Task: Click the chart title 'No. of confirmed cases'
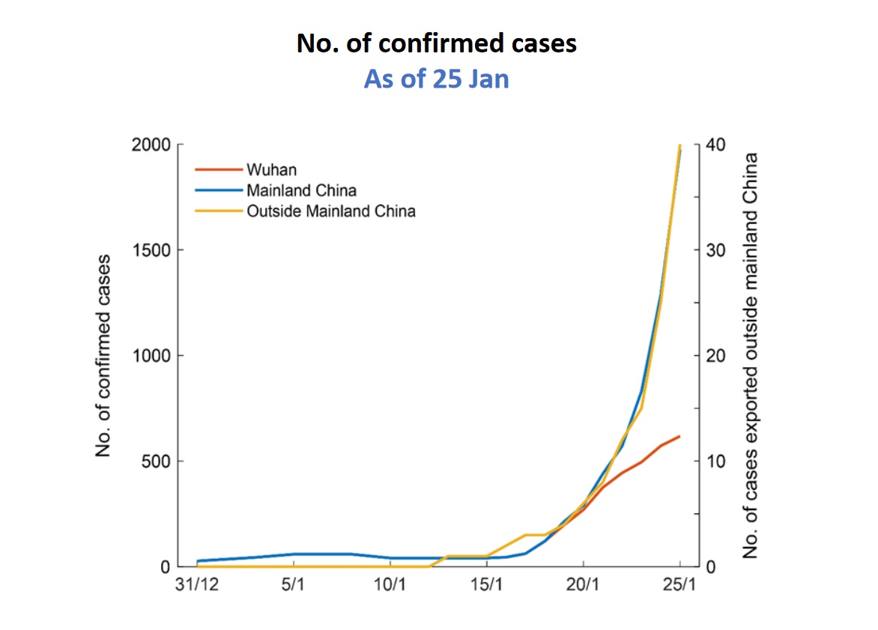437,43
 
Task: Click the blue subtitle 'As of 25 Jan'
437,78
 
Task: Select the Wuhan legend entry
271,170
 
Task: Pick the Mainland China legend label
301,190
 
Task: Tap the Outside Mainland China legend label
330,210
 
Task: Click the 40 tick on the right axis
715,145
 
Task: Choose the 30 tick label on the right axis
715,250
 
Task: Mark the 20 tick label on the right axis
715,356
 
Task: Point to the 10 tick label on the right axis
715,461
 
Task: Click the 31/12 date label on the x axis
197,584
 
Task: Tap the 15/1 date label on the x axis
487,584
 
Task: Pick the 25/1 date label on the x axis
679,584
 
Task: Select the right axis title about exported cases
750,356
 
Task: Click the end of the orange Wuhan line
679,436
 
